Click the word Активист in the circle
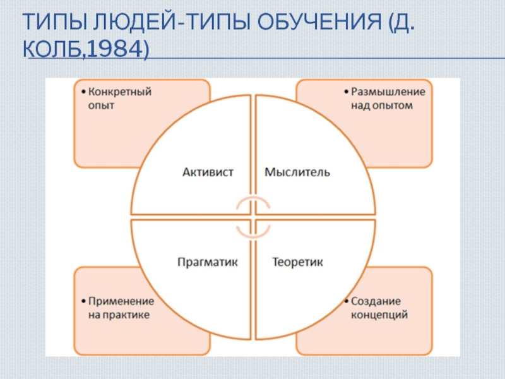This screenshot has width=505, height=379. [208, 172]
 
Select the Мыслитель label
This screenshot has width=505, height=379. [297, 172]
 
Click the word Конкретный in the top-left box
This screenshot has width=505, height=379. [120, 92]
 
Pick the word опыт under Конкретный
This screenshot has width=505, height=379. [101, 105]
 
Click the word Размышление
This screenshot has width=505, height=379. [388, 92]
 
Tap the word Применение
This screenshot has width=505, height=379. [122, 301]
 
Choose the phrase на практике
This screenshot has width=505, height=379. [119, 315]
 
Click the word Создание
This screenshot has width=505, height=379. [376, 301]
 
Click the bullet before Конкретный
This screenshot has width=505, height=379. [83, 92]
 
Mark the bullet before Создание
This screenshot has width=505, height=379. [346, 302]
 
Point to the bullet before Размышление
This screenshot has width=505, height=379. [346, 92]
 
